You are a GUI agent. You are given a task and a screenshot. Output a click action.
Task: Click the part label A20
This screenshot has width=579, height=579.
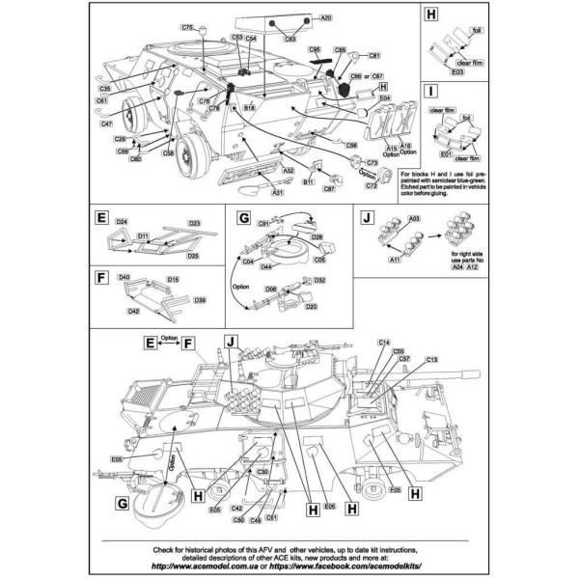(x=325, y=18)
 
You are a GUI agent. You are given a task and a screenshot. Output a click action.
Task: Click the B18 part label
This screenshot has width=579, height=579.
(x=249, y=110)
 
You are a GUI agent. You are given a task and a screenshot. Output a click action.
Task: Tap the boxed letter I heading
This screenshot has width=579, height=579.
(x=431, y=94)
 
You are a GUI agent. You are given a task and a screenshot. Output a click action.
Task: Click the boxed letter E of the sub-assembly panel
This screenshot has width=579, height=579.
(x=101, y=218)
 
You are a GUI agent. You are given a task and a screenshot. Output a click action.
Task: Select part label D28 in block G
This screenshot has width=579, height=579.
(x=316, y=236)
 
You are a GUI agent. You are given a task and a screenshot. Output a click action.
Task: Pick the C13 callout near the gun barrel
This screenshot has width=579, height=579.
(x=430, y=361)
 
